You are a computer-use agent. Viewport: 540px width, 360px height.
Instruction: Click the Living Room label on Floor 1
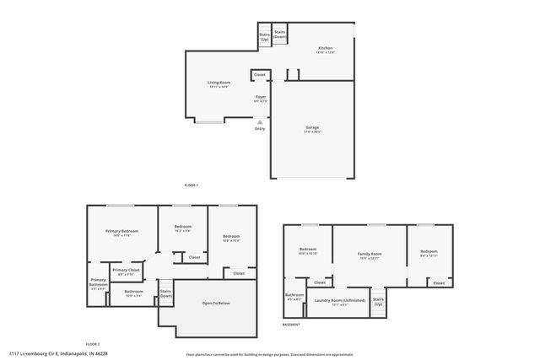point(219,84)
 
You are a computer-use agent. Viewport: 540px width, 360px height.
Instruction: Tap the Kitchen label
point(326,50)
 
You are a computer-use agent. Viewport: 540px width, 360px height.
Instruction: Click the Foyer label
point(261,99)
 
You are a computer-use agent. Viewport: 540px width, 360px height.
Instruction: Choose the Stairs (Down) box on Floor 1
point(279,35)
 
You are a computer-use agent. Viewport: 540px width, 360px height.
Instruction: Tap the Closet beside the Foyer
point(260,75)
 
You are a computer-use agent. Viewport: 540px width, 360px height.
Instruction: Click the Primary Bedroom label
point(121,233)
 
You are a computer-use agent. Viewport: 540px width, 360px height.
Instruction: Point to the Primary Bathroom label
point(99,283)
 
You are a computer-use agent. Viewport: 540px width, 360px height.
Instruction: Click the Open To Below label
point(215,303)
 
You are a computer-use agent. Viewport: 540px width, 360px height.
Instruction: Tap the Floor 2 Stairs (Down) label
point(166,294)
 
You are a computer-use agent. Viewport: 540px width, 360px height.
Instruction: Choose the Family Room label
point(370,255)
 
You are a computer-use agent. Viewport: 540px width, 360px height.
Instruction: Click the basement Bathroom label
point(294,297)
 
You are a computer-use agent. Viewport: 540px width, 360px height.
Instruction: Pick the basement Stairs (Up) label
point(378,301)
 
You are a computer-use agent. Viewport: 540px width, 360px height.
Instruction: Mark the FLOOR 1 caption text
point(191,185)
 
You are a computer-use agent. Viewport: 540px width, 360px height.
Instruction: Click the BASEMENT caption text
point(291,325)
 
